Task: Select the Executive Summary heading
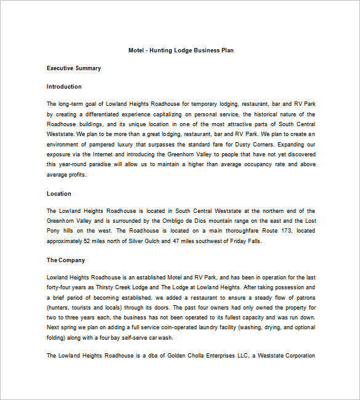(x=73, y=68)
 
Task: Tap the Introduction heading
(x=64, y=87)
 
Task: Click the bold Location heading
(x=58, y=194)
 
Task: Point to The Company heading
(x=66, y=260)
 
